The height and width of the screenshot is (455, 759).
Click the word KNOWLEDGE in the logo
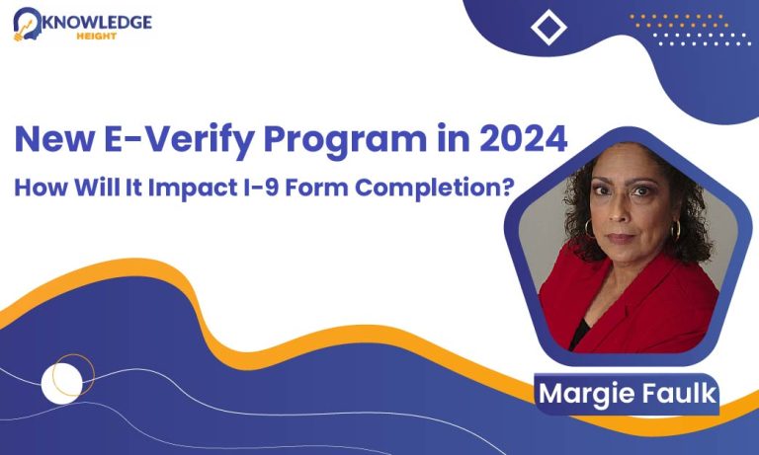point(97,22)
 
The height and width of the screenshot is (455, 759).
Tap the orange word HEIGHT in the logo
point(97,36)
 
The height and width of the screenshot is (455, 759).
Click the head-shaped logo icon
point(28,24)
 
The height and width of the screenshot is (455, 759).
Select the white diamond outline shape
point(548,28)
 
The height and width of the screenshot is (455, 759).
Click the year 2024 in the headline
point(524,139)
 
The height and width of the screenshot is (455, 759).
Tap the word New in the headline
point(54,139)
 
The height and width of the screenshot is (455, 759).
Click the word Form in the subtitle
point(316,188)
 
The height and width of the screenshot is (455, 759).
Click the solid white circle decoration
point(62,384)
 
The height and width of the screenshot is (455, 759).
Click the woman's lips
point(620,238)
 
